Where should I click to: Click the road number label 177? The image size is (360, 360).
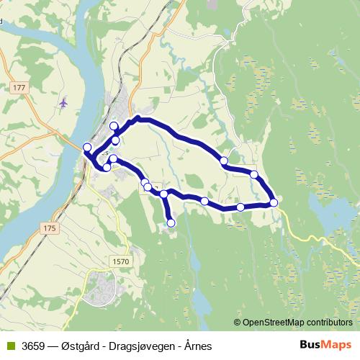point(19,87)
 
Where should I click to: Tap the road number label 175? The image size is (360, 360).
point(49,228)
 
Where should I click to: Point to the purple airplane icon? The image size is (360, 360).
point(63,102)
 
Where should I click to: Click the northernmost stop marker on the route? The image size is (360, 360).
point(114,127)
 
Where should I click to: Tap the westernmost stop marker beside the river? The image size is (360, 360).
point(88,148)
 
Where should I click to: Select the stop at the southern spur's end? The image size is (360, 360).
point(171,223)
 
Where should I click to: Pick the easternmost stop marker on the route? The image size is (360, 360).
point(274,203)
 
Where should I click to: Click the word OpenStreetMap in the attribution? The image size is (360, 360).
point(274,322)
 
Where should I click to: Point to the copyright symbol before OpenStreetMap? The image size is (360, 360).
point(237,322)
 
